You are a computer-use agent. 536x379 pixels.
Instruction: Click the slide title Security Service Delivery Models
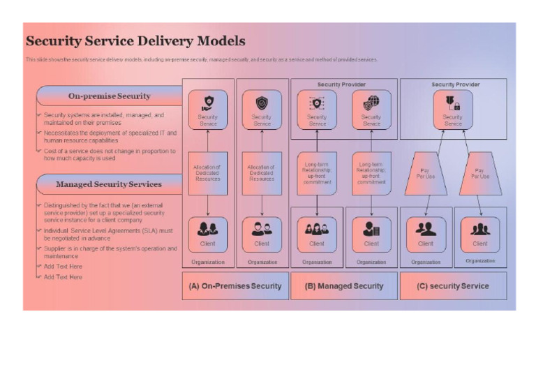pyautogui.click(x=135, y=41)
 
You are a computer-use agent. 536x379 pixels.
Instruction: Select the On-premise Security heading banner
pyautogui.click(x=109, y=96)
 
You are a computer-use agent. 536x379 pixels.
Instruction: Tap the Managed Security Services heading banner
pyautogui.click(x=109, y=184)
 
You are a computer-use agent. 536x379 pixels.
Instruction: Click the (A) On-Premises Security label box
pyautogui.click(x=235, y=285)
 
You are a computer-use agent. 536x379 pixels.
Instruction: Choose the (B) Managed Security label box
pyautogui.click(x=344, y=285)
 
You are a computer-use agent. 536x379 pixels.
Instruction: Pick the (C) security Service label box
pyautogui.click(x=453, y=285)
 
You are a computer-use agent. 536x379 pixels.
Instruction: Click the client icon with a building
pyautogui.click(x=371, y=228)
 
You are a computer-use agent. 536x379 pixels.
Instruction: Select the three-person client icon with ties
pyautogui.click(x=480, y=228)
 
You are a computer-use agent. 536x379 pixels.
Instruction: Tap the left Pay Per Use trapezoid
pyautogui.click(x=426, y=173)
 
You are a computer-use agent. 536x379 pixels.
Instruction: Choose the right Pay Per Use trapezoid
pyautogui.click(x=479, y=173)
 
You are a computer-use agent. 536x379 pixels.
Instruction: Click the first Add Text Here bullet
pyautogui.click(x=63, y=267)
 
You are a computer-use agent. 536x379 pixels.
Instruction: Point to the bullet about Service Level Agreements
pyautogui.click(x=108, y=234)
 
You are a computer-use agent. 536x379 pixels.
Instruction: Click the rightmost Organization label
pyautogui.click(x=480, y=261)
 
